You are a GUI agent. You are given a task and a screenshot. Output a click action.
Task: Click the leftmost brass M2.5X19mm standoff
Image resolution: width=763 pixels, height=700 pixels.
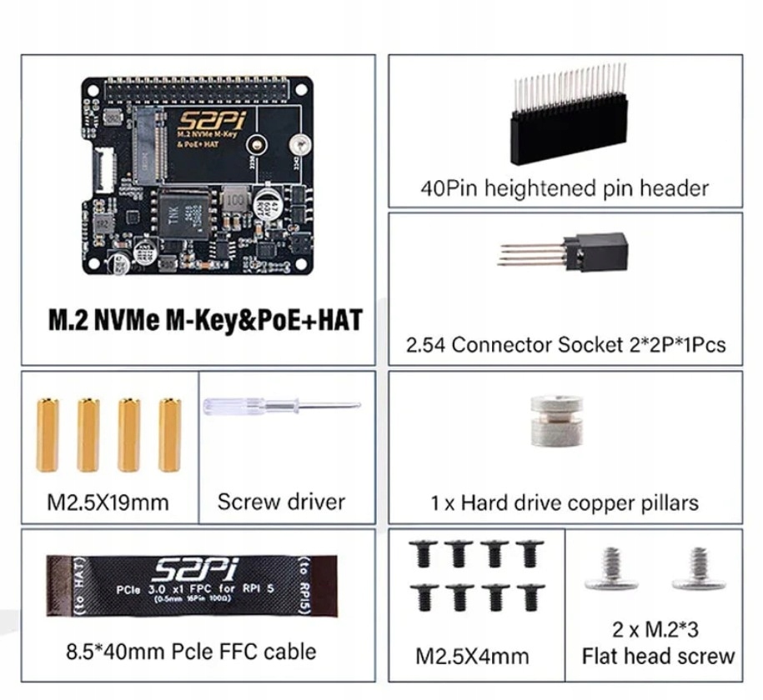(47, 434)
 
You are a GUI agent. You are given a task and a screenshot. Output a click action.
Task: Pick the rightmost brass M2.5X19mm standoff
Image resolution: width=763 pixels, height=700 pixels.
(168, 434)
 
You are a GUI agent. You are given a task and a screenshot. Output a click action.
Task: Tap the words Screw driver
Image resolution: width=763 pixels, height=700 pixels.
(281, 502)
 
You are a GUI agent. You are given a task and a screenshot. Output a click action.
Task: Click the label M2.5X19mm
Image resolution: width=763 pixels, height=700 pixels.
(108, 502)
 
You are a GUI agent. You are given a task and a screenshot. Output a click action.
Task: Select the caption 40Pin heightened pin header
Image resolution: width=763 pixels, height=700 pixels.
(565, 188)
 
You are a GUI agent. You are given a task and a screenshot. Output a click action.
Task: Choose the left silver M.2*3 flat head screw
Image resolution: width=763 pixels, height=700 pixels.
(611, 570)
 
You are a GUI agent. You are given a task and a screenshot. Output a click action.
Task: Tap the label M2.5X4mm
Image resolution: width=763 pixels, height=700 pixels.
(472, 656)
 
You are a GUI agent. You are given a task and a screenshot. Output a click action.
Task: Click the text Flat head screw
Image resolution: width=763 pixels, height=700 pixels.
(658, 656)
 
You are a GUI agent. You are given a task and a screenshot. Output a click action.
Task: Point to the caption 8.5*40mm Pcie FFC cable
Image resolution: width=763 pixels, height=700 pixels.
(191, 650)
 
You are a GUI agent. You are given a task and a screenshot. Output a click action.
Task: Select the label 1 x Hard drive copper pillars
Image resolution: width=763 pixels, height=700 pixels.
(565, 503)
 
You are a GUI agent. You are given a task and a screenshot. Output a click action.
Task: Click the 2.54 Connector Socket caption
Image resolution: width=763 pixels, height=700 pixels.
(565, 343)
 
